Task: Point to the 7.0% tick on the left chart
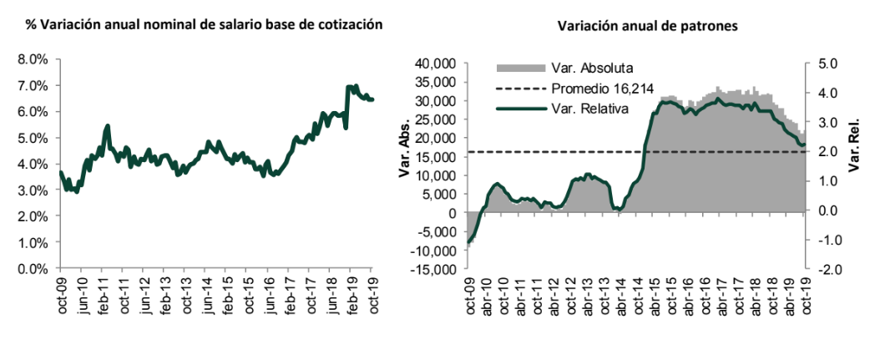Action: [x=31, y=85]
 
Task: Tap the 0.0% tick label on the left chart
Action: [x=31, y=269]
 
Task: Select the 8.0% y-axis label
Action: [x=31, y=59]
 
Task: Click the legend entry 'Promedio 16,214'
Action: [x=602, y=89]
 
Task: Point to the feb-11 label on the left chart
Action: [x=104, y=292]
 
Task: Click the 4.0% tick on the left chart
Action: [x=31, y=164]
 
